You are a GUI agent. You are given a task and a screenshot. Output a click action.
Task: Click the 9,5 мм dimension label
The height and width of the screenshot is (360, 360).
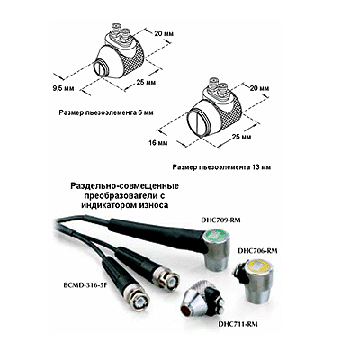(63, 89)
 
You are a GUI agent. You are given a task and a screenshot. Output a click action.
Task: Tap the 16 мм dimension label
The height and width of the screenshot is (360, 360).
(158, 143)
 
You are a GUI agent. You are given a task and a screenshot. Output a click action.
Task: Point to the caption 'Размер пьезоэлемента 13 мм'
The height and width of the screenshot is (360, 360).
(221, 167)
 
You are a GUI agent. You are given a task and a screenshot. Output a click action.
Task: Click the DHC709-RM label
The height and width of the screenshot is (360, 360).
(220, 220)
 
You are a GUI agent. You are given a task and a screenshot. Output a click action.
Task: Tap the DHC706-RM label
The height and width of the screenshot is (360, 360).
(257, 251)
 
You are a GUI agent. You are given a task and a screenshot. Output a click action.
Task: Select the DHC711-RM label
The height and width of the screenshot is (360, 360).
(238, 324)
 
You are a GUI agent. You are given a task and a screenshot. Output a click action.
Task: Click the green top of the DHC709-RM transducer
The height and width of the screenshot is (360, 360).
(215, 235)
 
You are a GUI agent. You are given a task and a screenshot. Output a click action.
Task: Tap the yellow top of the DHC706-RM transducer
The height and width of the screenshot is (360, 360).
(261, 266)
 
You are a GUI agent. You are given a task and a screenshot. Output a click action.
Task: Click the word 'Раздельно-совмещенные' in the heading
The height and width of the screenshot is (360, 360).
(125, 186)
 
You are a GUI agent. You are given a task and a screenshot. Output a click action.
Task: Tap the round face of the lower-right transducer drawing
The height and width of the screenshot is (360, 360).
(197, 122)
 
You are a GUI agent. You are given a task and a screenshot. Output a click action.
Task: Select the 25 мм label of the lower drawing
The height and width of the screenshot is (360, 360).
(241, 137)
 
